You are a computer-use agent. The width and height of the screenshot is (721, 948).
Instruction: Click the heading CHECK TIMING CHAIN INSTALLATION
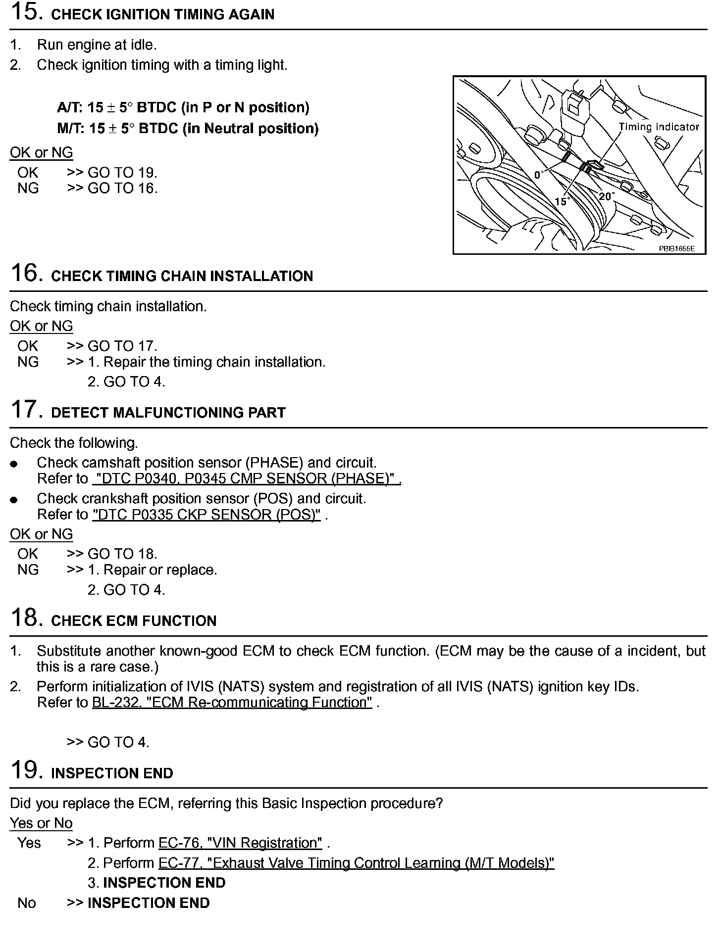pyautogui.click(x=182, y=276)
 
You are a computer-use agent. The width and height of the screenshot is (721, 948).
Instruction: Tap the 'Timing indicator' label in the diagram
pyautogui.click(x=659, y=127)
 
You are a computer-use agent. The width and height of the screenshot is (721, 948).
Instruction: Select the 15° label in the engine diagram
pyautogui.click(x=562, y=201)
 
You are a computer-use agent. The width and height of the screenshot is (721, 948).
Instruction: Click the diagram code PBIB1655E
pyautogui.click(x=676, y=248)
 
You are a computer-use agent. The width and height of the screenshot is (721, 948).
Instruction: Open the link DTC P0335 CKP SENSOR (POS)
pyautogui.click(x=206, y=515)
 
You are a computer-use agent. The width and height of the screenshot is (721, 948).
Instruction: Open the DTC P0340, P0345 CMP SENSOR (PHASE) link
pyautogui.click(x=246, y=478)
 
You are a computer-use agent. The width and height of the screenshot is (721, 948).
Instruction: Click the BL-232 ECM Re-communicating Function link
pyautogui.click(x=232, y=703)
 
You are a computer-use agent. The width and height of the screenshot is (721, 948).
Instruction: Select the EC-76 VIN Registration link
pyautogui.click(x=240, y=843)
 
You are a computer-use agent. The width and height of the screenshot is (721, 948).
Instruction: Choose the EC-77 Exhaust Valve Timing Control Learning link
pyautogui.click(x=356, y=863)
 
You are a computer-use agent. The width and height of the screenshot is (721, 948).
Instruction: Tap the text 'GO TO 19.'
pyautogui.click(x=122, y=173)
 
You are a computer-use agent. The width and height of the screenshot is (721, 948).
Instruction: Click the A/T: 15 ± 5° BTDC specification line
pyautogui.click(x=183, y=108)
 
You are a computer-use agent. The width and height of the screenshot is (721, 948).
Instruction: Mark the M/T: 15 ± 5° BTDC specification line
pyautogui.click(x=188, y=129)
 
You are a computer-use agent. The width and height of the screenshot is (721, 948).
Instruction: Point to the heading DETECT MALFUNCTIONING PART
pyautogui.click(x=168, y=413)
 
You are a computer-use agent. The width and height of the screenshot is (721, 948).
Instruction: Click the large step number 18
pyautogui.click(x=24, y=617)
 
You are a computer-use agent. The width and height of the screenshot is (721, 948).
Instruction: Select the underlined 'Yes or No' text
pyautogui.click(x=41, y=823)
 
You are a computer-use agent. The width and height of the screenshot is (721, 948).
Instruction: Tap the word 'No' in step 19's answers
pyautogui.click(x=27, y=903)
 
